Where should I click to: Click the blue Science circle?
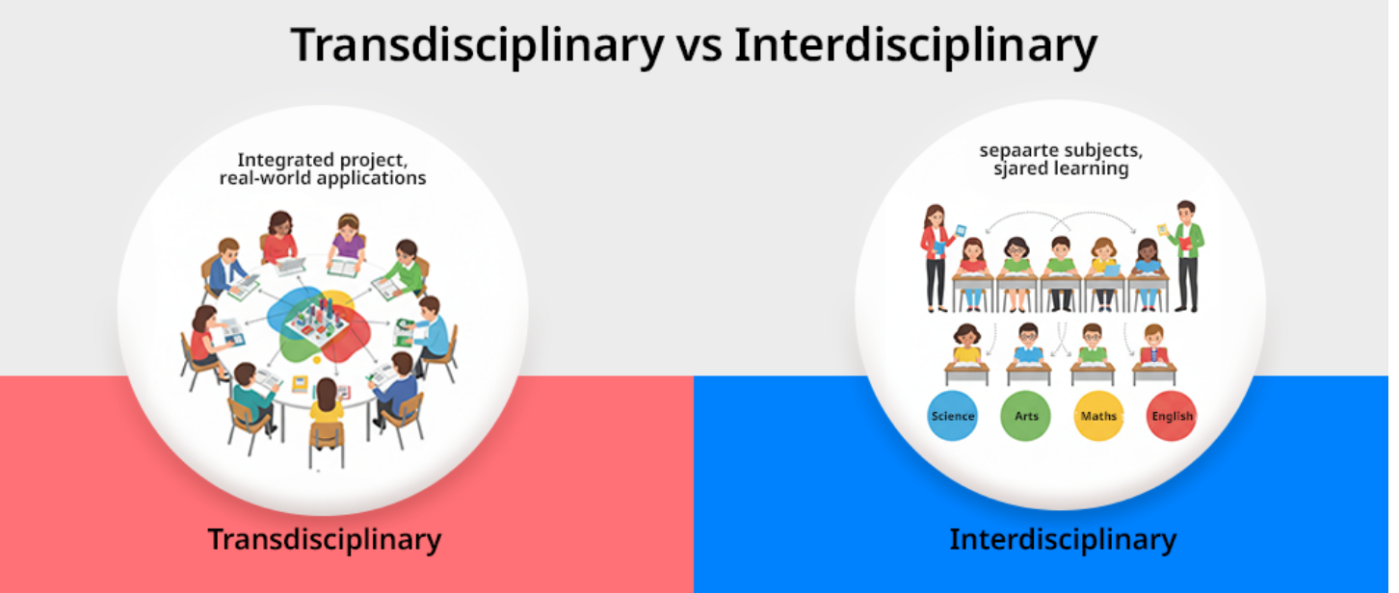point(952,416)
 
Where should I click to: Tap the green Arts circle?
point(1025,416)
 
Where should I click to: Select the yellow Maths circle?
point(1098,416)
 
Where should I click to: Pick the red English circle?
point(1172,416)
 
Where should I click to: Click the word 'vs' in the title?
point(699,46)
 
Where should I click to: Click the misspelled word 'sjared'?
point(1021,169)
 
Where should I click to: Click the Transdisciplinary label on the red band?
point(324,539)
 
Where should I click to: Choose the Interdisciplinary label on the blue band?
point(1063,539)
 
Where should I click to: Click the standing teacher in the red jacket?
point(936,257)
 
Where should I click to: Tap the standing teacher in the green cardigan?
point(1187,256)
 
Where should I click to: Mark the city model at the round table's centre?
point(319,322)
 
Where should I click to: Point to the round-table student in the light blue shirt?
point(430,334)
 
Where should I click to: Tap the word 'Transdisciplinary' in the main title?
point(477,46)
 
